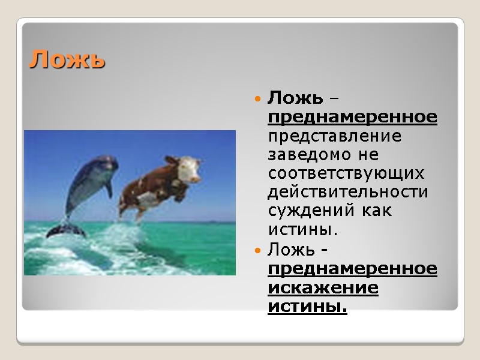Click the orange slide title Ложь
click(67, 59)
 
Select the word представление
click(334, 136)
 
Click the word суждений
click(306, 211)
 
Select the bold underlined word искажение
click(323, 287)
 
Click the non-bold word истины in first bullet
click(302, 229)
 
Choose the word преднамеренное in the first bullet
click(352, 116)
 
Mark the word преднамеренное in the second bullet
click(352, 268)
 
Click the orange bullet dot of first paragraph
click(257, 98)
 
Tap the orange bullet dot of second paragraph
click(257, 249)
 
